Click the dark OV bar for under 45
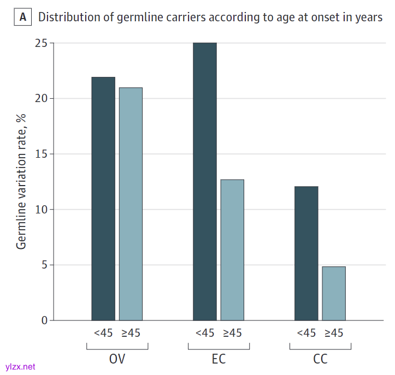(103, 199)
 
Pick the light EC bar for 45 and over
(232, 249)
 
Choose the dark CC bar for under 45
(306, 253)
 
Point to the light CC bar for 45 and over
(334, 293)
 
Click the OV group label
(117, 360)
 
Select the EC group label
(219, 360)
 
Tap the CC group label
(320, 360)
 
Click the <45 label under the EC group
(205, 333)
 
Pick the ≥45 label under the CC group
(334, 333)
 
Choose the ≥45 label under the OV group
(131, 333)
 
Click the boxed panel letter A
(22, 17)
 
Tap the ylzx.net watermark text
(20, 367)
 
